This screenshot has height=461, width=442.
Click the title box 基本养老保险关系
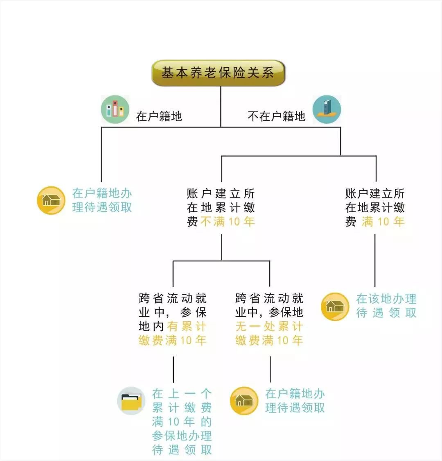click(218, 73)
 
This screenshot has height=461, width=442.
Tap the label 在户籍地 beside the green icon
click(159, 116)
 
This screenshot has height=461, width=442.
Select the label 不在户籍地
click(277, 116)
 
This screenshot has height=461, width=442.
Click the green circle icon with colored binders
click(115, 110)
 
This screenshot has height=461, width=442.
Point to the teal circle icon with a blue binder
click(327, 109)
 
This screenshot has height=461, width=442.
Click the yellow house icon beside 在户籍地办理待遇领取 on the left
click(51, 200)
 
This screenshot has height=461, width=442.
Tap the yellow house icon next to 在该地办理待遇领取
click(335, 306)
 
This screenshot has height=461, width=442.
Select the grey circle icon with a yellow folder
click(131, 401)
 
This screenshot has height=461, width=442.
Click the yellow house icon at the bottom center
click(244, 400)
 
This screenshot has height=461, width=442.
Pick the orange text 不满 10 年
click(228, 222)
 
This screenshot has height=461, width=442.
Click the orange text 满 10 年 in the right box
click(383, 222)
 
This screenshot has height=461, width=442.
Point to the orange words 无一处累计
click(269, 327)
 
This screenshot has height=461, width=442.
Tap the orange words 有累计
click(186, 327)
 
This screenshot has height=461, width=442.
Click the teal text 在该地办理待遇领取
click(386, 306)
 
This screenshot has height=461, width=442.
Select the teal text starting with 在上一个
click(182, 422)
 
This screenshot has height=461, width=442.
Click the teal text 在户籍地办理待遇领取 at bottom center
click(295, 401)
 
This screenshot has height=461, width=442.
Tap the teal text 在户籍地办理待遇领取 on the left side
click(102, 200)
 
